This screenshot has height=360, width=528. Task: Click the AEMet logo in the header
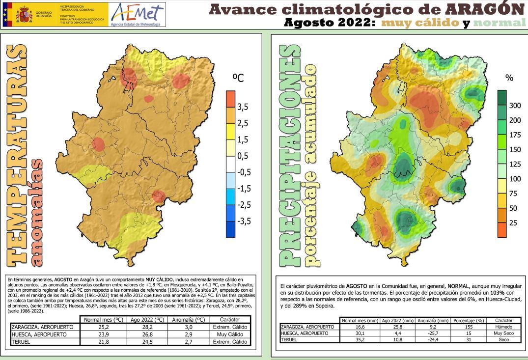pos(138,14)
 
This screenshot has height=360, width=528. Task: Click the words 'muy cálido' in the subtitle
pos(421,23)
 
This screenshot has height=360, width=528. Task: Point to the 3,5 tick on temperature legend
pos(243,107)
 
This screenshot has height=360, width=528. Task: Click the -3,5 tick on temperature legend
pos(244,221)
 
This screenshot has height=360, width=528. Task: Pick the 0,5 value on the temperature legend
pos(243,156)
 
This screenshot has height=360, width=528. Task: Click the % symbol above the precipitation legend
pos(509,78)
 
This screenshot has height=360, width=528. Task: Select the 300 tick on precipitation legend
pos(515,106)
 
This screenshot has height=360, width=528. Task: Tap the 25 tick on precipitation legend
pos(513,223)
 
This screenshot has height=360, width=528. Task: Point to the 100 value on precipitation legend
pos(515,179)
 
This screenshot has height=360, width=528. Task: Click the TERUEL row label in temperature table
pos(21,342)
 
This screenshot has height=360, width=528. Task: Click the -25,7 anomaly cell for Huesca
pos(433,333)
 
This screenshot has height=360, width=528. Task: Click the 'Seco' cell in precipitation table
pos(503,339)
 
